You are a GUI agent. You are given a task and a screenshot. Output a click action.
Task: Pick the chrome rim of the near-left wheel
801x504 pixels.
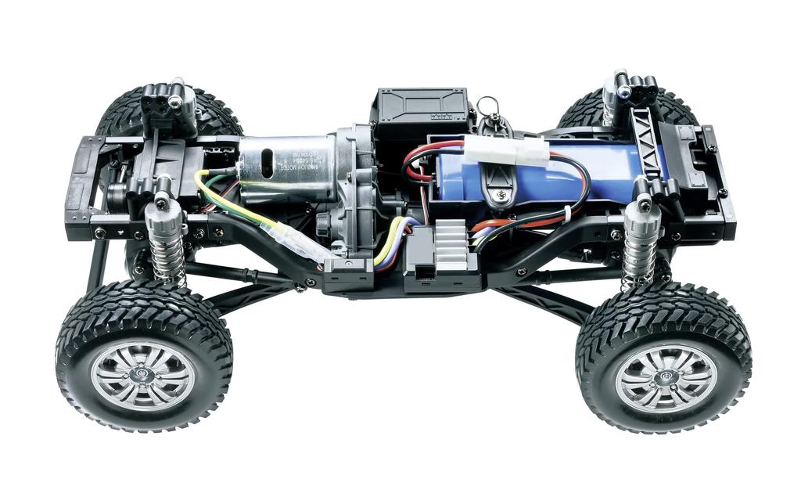click(x=142, y=374)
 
